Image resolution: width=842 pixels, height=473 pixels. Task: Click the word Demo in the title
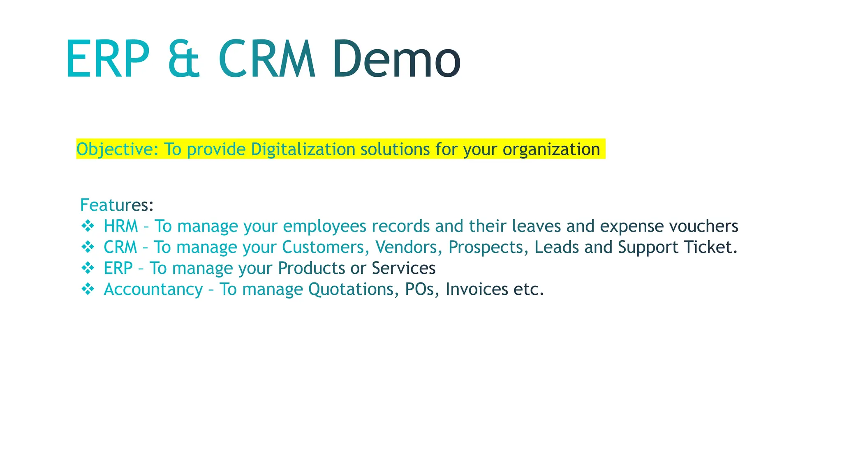pyautogui.click(x=397, y=59)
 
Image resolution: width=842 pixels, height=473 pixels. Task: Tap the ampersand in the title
pyautogui.click(x=184, y=59)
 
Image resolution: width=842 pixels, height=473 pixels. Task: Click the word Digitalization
pyautogui.click(x=303, y=149)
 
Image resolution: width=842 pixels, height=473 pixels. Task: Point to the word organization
pyautogui.click(x=551, y=149)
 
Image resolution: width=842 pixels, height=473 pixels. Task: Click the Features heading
pyautogui.click(x=117, y=205)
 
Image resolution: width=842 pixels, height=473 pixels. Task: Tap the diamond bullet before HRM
pyautogui.click(x=88, y=226)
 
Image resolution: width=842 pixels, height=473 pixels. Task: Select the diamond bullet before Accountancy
pyautogui.click(x=88, y=289)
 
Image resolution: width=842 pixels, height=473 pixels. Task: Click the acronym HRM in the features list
pyautogui.click(x=120, y=226)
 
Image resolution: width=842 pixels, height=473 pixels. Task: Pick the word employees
pyautogui.click(x=324, y=226)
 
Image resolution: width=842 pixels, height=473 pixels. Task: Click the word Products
pyautogui.click(x=311, y=269)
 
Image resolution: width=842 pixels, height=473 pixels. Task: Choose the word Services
pyautogui.click(x=403, y=269)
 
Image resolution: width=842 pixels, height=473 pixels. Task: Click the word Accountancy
pyautogui.click(x=153, y=289)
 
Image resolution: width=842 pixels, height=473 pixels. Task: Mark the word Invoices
pyautogui.click(x=477, y=289)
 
